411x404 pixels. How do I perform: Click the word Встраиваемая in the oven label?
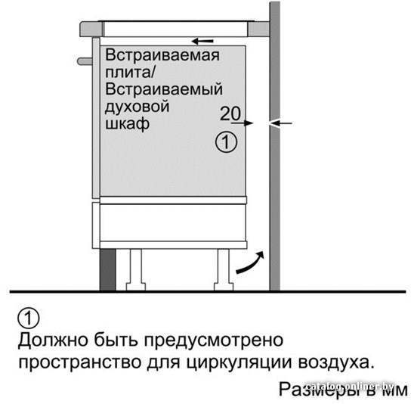point(162,55)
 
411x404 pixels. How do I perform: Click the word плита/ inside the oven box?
point(130,72)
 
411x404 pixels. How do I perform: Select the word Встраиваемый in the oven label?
point(164,89)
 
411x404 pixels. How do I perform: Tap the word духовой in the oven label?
point(137,107)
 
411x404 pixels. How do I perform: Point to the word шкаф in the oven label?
point(127,123)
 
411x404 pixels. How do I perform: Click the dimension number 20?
point(230,113)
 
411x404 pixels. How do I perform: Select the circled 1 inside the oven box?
point(226,142)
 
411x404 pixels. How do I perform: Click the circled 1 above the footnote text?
point(29,319)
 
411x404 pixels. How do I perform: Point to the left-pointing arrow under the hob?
point(202,41)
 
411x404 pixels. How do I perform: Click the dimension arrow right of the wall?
point(280,123)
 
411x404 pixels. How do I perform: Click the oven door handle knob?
point(85,61)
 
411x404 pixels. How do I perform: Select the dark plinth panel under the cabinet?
point(108,269)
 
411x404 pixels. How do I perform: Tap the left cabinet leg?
point(136,269)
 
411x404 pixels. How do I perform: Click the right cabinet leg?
point(224,269)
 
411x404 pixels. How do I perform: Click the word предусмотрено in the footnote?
point(214,340)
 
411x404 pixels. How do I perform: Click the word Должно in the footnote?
point(53,340)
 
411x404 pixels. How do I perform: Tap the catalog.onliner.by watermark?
point(351,386)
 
